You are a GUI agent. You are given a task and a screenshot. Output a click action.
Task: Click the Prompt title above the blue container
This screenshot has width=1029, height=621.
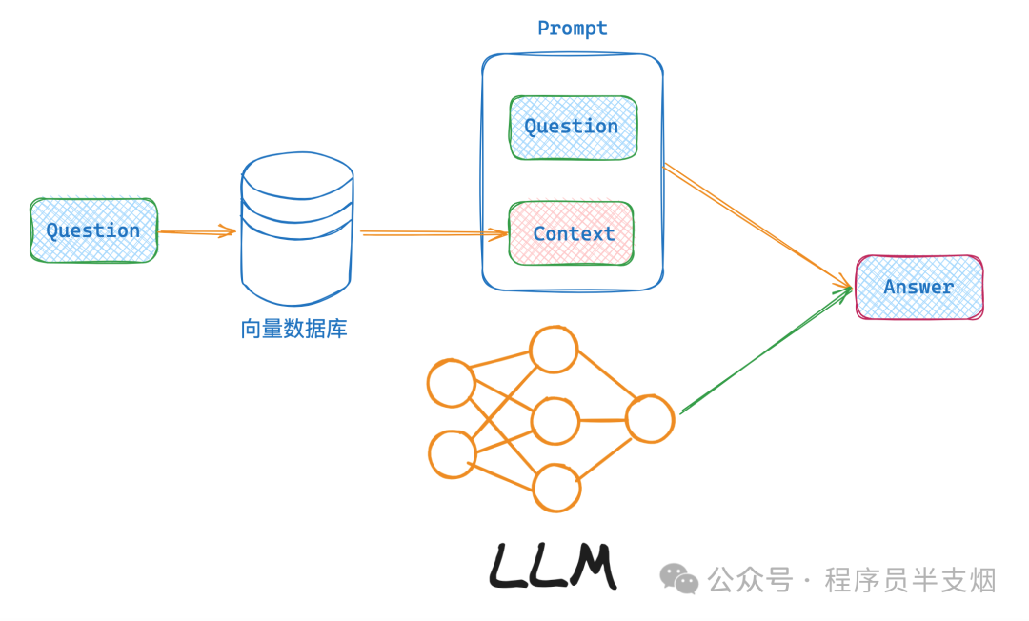573,29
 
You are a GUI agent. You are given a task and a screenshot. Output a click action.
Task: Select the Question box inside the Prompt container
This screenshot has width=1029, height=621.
573,128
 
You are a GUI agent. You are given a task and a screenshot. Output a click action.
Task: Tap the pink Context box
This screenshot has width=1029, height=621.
571,233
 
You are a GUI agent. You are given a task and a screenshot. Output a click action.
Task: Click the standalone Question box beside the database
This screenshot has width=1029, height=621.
93,230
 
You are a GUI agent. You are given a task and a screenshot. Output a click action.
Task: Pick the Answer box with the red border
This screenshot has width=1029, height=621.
919,288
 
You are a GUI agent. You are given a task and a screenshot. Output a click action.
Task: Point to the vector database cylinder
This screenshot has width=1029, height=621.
297,229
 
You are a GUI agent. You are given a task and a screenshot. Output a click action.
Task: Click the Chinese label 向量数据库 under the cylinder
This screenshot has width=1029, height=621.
294,329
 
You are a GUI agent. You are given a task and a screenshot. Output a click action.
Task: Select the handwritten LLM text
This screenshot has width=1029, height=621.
554,565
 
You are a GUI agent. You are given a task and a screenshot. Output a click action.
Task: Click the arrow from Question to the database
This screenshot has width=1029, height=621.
197,231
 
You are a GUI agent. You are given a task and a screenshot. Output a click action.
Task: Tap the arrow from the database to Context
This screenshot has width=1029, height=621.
434,233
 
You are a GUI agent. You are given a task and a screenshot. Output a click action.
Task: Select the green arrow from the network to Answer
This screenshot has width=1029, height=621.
766,351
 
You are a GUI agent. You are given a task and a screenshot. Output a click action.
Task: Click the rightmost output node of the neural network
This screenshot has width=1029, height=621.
650,419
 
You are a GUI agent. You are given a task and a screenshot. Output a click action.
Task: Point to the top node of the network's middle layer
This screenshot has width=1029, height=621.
554,350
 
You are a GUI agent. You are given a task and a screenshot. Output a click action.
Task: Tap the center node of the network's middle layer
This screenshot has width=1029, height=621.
555,421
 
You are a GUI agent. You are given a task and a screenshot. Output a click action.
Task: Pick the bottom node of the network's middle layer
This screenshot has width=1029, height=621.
556,488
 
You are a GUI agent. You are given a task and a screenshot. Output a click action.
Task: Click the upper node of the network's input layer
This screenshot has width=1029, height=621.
451,383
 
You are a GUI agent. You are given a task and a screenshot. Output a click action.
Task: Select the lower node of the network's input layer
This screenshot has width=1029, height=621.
453,454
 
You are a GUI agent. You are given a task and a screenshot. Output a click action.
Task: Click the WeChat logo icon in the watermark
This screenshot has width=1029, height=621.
678,578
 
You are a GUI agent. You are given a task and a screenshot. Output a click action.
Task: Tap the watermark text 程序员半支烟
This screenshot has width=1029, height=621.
910,580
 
